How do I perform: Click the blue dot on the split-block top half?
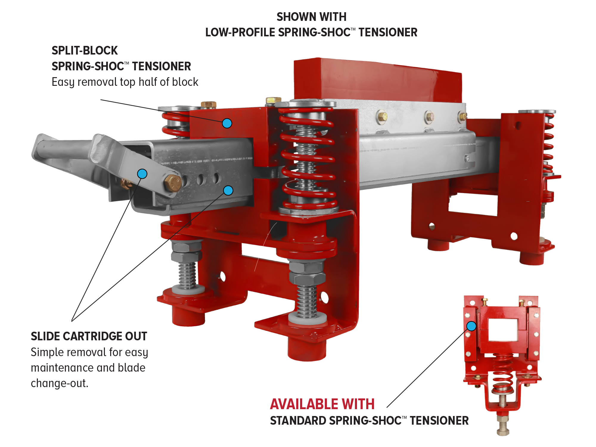[x=227, y=123]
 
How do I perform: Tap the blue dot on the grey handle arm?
[x=142, y=173]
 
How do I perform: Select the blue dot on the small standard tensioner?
[x=471, y=326]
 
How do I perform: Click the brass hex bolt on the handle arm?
[x=173, y=183]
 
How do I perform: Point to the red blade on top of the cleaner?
[x=378, y=80]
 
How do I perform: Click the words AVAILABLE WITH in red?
[x=322, y=404]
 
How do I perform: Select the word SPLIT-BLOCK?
[x=85, y=51]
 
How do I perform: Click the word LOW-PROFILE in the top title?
[x=240, y=32]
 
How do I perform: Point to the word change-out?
[x=60, y=383]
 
